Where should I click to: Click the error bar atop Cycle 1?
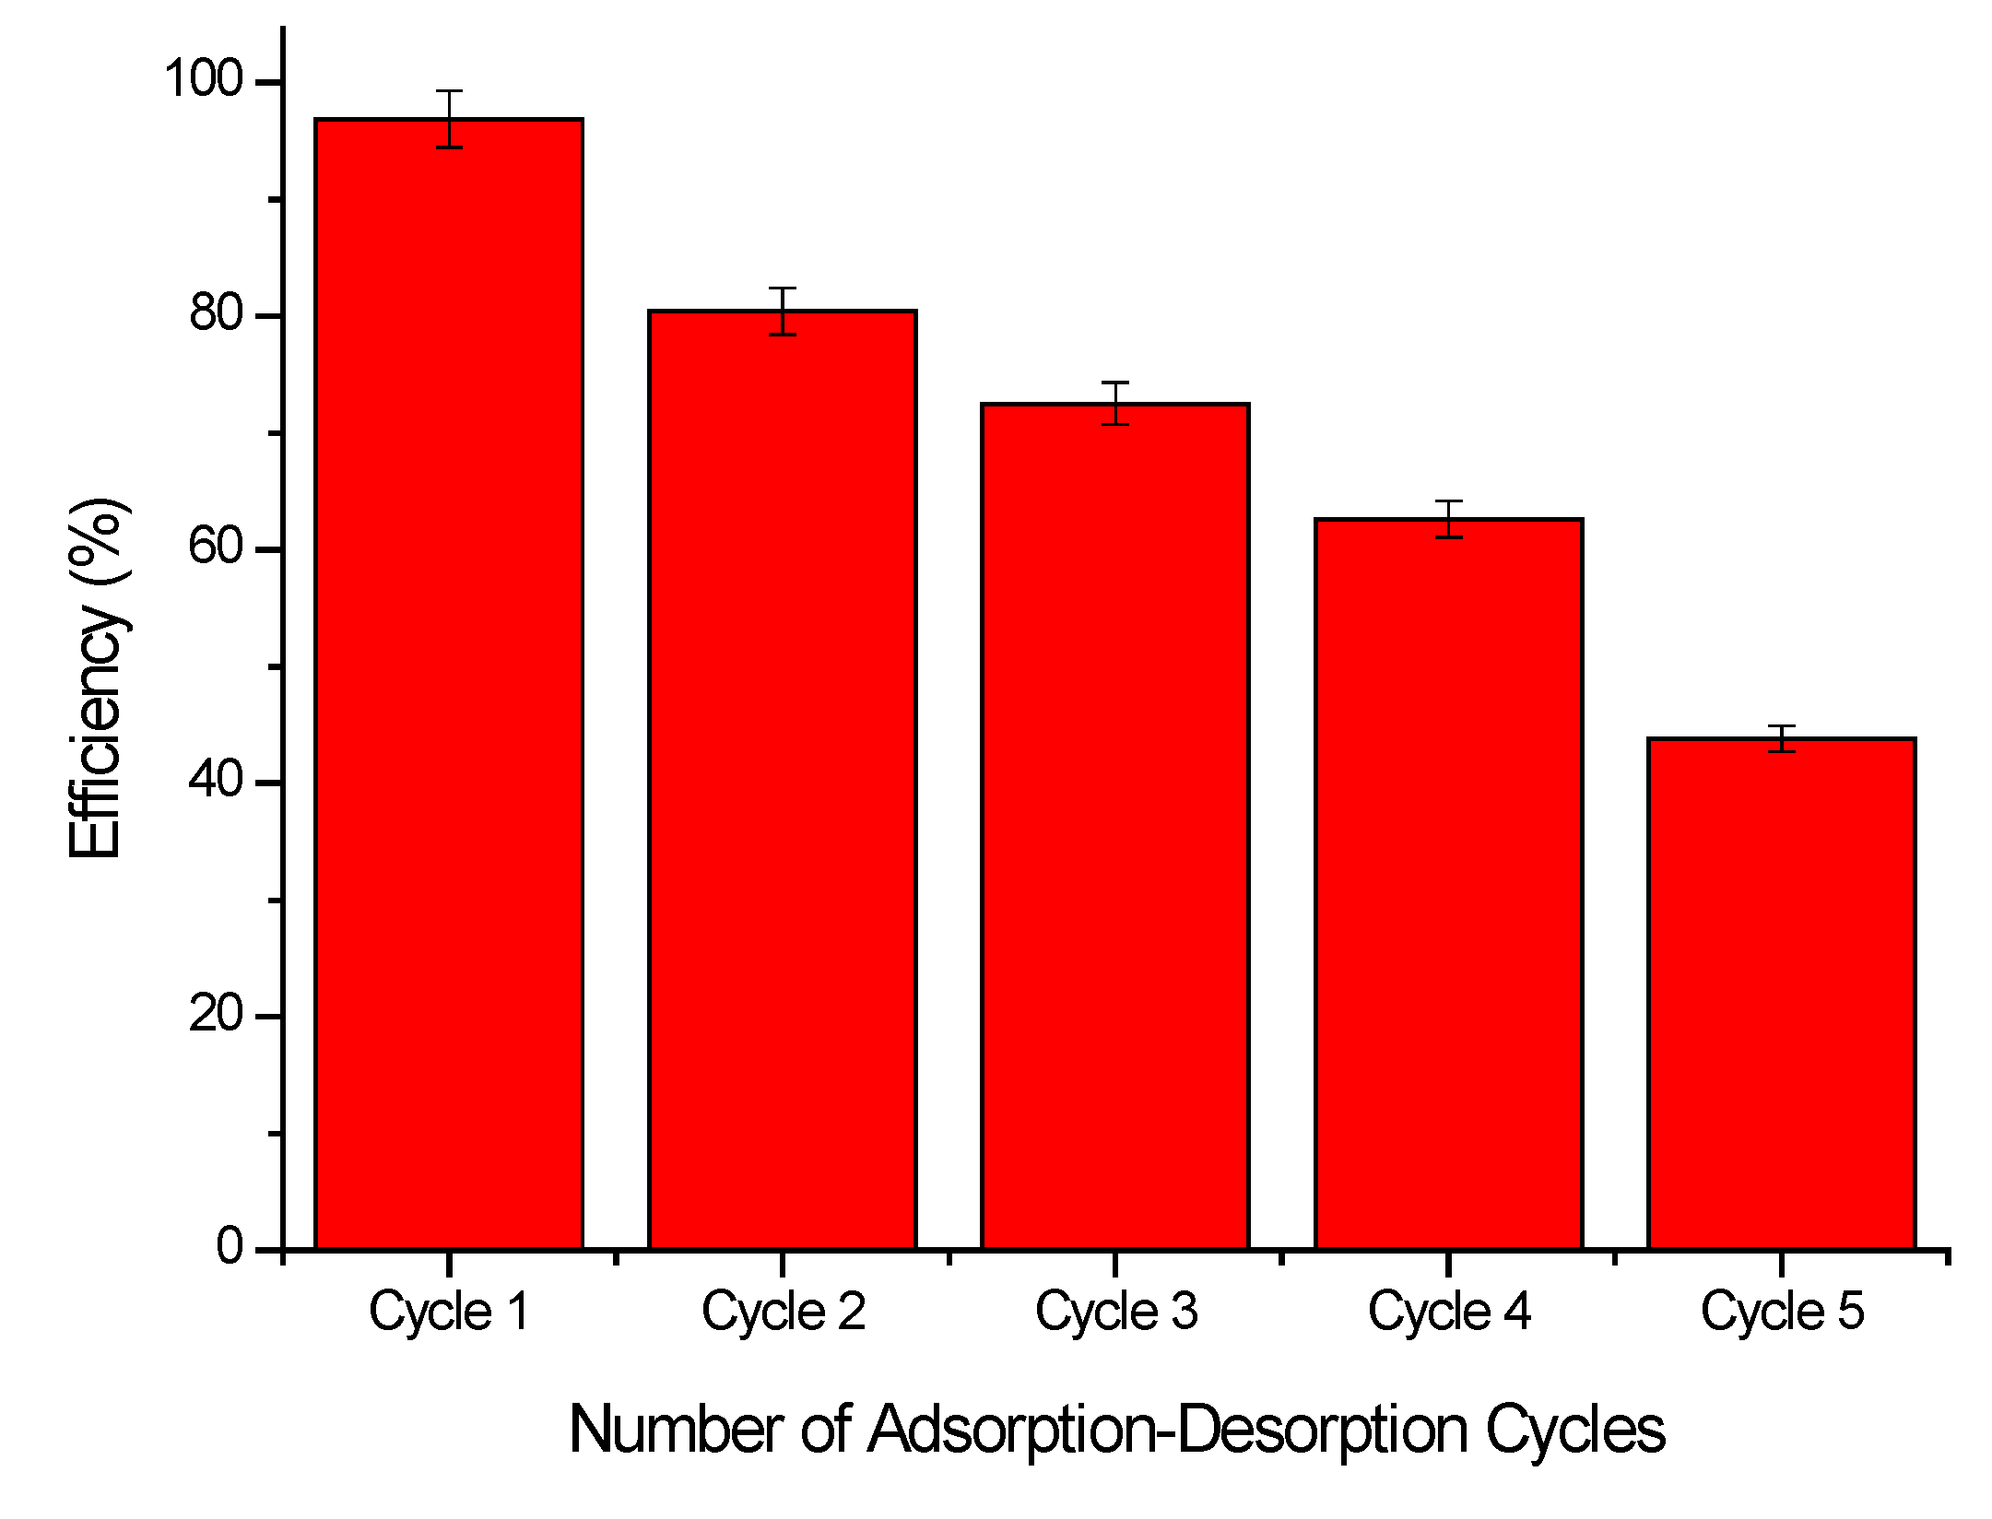click(449, 118)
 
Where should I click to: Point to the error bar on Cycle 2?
click(782, 311)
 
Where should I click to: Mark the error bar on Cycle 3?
click(1115, 403)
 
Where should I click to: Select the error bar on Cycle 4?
click(1448, 519)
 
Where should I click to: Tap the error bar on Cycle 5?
click(1782, 738)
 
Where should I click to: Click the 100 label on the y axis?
click(203, 79)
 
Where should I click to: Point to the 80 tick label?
click(216, 313)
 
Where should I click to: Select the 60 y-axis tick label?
click(216, 547)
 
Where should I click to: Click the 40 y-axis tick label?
click(216, 781)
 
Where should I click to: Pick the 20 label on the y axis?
click(216, 1014)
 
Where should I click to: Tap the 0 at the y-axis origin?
click(230, 1246)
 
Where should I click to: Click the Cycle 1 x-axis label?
click(449, 1312)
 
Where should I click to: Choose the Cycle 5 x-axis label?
click(1782, 1312)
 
